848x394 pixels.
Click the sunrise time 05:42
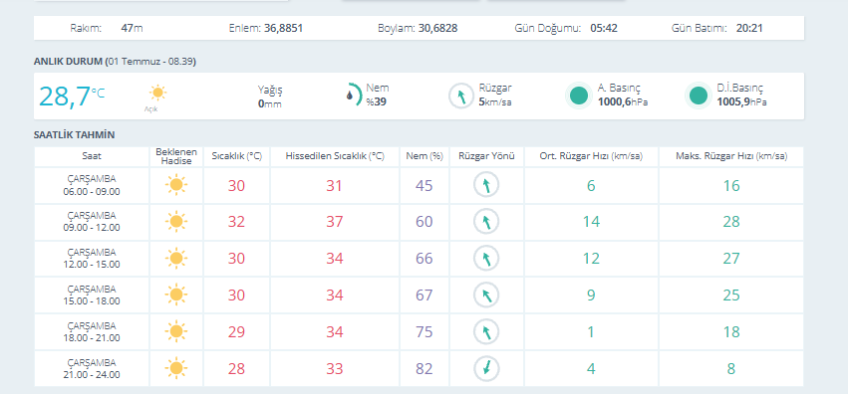click(604, 28)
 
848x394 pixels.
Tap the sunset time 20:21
click(749, 28)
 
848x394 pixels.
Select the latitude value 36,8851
click(283, 28)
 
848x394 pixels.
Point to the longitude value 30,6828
click(438, 28)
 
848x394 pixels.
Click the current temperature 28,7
click(65, 97)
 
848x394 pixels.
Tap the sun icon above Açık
click(157, 93)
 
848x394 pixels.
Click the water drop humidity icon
click(351, 95)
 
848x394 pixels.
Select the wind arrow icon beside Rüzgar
click(461, 97)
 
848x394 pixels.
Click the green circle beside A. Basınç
click(579, 97)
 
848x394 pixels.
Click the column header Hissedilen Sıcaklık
click(335, 156)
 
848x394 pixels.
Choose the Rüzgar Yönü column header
click(486, 156)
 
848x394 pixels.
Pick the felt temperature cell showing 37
click(335, 222)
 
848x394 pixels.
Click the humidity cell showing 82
click(424, 369)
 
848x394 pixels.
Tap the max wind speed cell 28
click(731, 222)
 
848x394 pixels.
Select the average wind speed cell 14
click(591, 222)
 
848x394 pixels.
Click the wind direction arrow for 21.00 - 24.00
click(486, 369)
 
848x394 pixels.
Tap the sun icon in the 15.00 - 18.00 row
click(175, 295)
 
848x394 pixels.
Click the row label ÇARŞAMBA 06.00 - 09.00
click(92, 185)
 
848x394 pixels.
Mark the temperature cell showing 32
click(236, 222)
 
